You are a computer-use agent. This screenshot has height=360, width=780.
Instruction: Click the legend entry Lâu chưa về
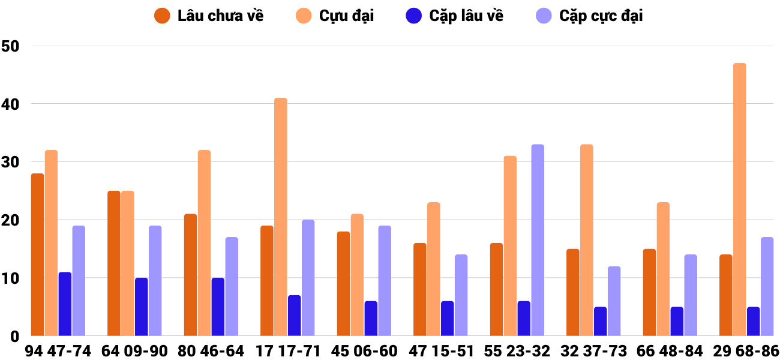coord(209,16)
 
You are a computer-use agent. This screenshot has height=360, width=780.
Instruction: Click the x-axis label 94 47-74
coord(58,350)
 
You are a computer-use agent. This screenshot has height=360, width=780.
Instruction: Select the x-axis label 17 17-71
coord(287,350)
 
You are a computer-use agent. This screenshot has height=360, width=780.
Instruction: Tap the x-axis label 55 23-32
coord(517,350)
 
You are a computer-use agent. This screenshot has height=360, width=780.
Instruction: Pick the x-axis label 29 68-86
coord(746,350)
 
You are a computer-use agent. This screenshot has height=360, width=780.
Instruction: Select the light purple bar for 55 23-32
coord(538,240)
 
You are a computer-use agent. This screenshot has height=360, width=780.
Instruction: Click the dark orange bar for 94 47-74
coord(38,254)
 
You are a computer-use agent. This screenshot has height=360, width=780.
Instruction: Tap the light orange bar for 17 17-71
coord(281,217)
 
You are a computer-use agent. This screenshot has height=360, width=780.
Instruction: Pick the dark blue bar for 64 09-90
coord(142,307)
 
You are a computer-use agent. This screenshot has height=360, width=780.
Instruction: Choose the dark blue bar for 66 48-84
coord(677,321)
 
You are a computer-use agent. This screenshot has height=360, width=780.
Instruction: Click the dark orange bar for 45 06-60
coord(343,284)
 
